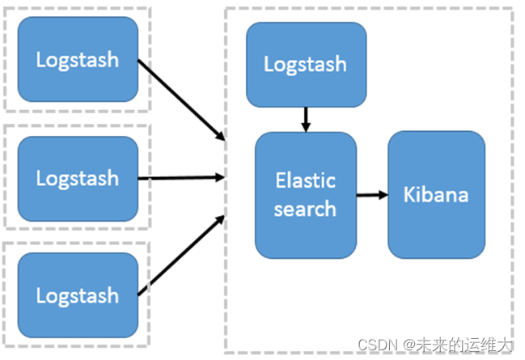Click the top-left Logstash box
click(x=78, y=59)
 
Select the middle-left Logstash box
click(x=78, y=179)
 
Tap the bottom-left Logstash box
click(x=78, y=295)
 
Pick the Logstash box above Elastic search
click(x=306, y=65)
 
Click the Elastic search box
click(x=305, y=195)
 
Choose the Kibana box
click(x=436, y=195)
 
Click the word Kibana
click(x=435, y=194)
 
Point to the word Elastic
click(x=305, y=180)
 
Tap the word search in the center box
click(x=305, y=209)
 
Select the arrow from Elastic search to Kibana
click(x=372, y=195)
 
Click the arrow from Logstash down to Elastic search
click(x=306, y=120)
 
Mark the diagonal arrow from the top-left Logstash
click(x=181, y=100)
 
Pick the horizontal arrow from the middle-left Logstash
click(x=181, y=178)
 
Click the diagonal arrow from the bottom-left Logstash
click(x=181, y=256)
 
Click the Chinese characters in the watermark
click(x=464, y=345)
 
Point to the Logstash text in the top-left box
click(x=78, y=60)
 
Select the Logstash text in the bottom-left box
click(x=78, y=296)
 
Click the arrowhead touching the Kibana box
click(x=383, y=195)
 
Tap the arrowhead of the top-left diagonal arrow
click(x=220, y=135)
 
